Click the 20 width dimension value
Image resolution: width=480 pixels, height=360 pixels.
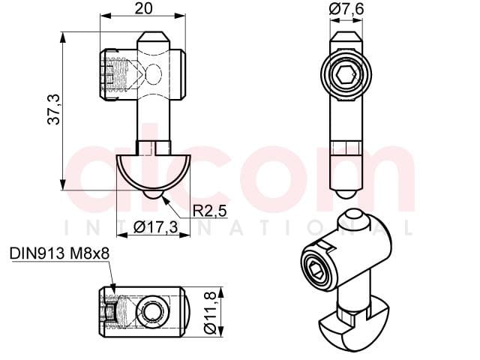(x=143, y=8)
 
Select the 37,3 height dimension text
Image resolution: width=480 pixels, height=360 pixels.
(x=54, y=109)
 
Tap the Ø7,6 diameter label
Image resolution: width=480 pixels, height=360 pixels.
(x=346, y=9)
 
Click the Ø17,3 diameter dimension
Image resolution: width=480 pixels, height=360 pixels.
(x=156, y=226)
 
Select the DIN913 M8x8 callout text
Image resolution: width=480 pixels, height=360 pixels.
(x=59, y=253)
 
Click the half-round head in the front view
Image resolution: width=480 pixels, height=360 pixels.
(x=154, y=173)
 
